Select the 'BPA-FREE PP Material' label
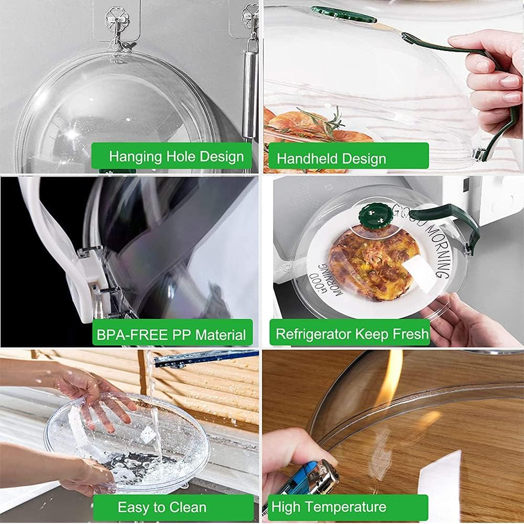[172, 334]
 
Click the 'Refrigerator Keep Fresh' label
[352, 334]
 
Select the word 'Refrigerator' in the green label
[313, 334]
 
